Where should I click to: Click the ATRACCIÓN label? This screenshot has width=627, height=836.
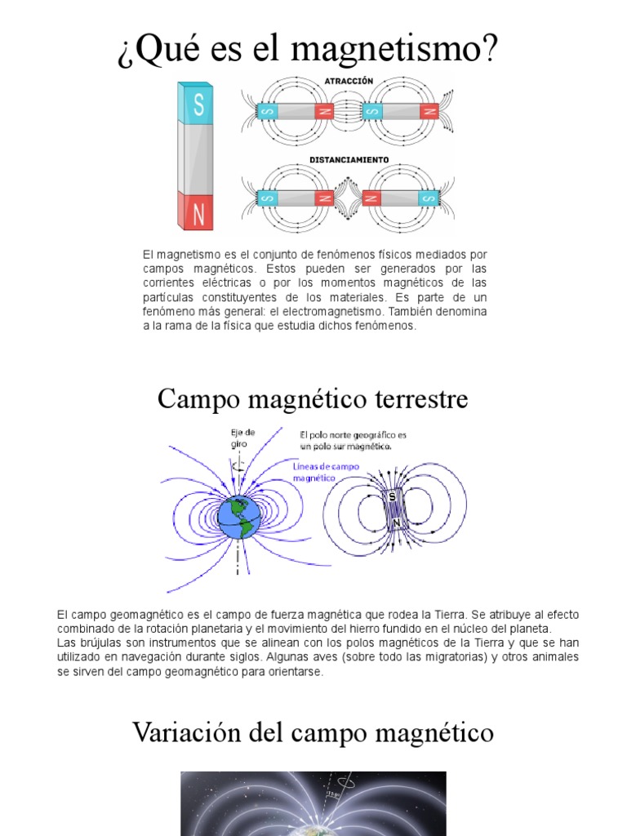coord(349,82)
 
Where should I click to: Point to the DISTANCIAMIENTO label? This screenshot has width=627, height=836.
coord(349,160)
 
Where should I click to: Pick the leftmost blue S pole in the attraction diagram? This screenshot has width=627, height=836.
coord(267,111)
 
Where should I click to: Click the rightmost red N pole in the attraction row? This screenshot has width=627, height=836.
coord(429,111)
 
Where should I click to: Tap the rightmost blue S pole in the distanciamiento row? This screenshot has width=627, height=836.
coord(429,198)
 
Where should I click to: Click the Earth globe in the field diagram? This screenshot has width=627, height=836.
coord(238,517)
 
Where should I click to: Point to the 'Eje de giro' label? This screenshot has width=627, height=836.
coord(242,438)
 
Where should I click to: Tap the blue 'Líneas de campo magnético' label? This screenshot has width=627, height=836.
coord(324,469)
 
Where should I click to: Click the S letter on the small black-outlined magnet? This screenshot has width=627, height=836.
coord(393,496)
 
